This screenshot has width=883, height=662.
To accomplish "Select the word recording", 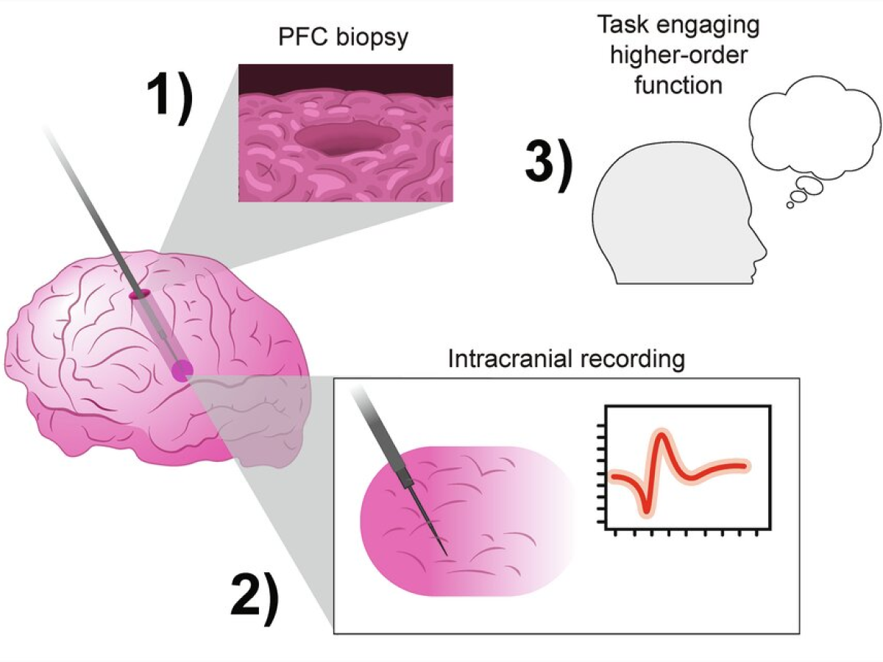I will coord(633,360).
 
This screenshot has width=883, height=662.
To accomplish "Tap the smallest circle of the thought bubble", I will coord(790,205).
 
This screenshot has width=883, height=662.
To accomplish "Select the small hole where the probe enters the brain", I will coord(139,295).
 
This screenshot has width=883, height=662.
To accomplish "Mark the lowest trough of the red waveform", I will coord(646,508).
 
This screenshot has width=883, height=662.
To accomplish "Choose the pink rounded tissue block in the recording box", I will coord(471,522).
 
